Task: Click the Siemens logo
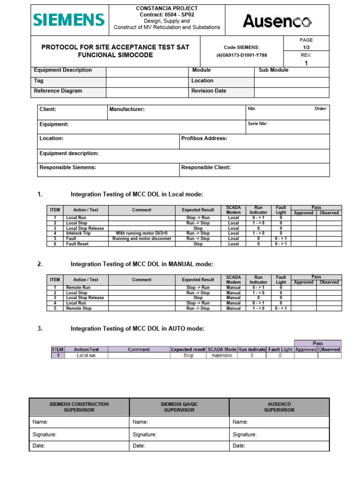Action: pyautogui.click(x=69, y=20)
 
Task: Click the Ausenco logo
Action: pyautogui.click(x=277, y=21)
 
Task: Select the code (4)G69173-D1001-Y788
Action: pyautogui.click(x=241, y=55)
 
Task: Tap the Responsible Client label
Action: pyautogui.click(x=206, y=167)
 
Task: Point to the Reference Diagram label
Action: pyautogui.click(x=58, y=91)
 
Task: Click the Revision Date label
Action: pyautogui.click(x=209, y=91)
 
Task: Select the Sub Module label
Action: pyautogui.click(x=273, y=70)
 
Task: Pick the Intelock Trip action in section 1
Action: pyautogui.click(x=78, y=233)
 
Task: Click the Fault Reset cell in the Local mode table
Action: pyautogui.click(x=77, y=244)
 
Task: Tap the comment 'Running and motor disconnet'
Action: pyautogui.click(x=142, y=239)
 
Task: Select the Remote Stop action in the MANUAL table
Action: pyautogui.click(x=79, y=308)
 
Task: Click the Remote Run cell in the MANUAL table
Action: pyautogui.click(x=78, y=287)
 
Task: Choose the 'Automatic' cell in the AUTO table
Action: pyautogui.click(x=221, y=356)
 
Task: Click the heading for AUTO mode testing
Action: pyautogui.click(x=137, y=329)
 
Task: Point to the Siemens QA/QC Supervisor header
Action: pyautogui.click(x=179, y=407)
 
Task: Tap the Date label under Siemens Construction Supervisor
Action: pyautogui.click(x=39, y=446)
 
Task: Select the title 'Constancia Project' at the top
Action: pyautogui.click(x=166, y=8)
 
